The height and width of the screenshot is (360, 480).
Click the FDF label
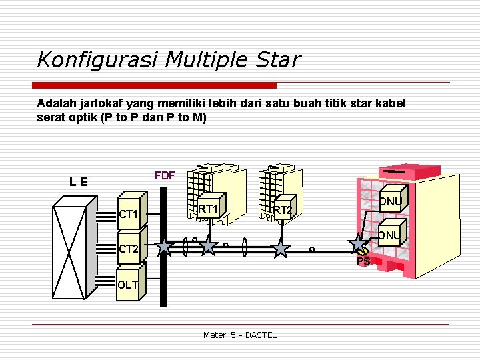164,176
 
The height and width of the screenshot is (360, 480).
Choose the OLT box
129,285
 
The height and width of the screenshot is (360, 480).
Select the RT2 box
283,211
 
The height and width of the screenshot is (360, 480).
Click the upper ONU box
391,201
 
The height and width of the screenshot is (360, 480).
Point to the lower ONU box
391,235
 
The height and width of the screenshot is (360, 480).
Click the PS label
363,262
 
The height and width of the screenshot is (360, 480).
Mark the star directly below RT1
209,247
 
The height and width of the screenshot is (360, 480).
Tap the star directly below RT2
281,249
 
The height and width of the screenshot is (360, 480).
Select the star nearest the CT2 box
164,248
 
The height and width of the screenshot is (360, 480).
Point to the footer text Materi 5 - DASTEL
239,335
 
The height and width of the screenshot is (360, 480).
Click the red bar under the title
155,85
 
